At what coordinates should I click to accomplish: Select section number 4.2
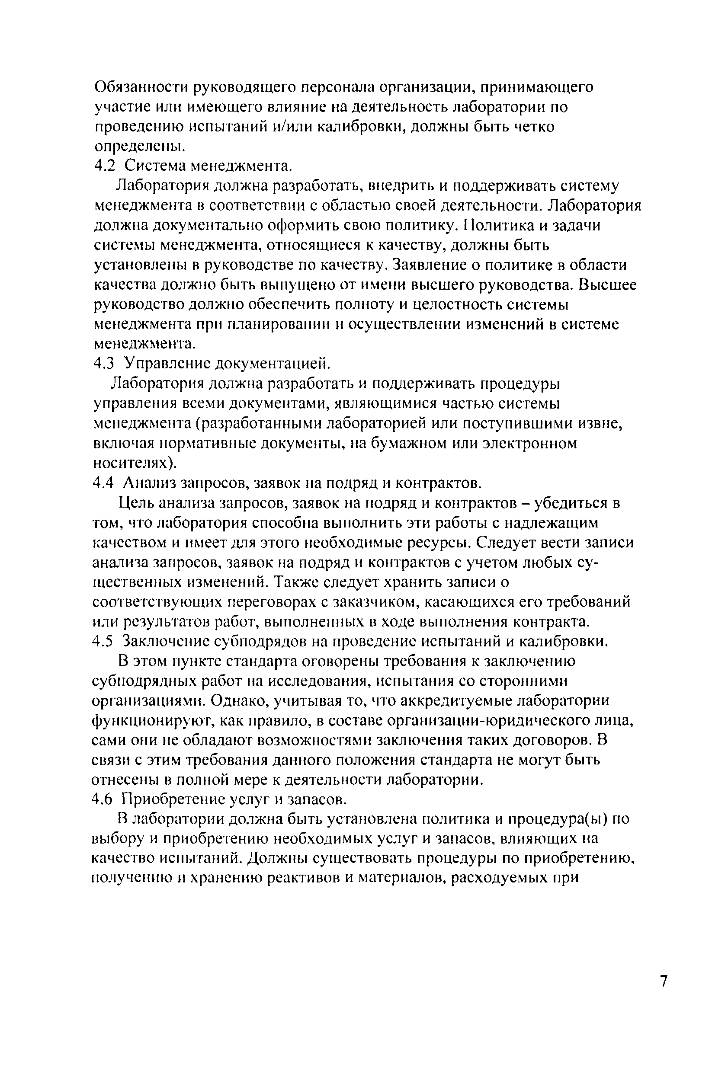[104, 166]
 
